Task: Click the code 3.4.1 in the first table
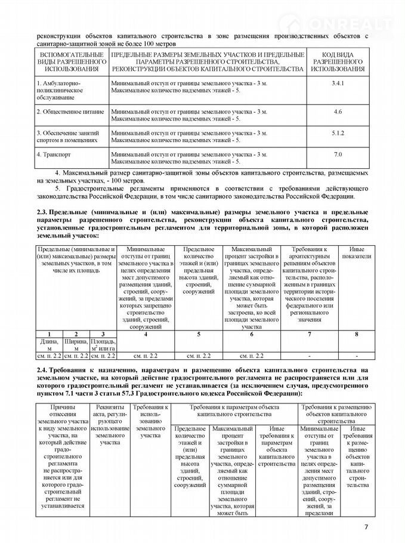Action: click(338, 83)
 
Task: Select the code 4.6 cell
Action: click(338, 112)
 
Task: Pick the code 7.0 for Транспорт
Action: click(338, 155)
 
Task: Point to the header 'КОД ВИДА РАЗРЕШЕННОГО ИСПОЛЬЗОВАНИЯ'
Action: click(338, 62)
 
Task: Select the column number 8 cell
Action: click(356, 334)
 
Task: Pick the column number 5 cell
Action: click(199, 334)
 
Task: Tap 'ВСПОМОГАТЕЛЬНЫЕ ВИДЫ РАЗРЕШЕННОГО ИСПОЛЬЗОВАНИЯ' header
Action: click(70, 62)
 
